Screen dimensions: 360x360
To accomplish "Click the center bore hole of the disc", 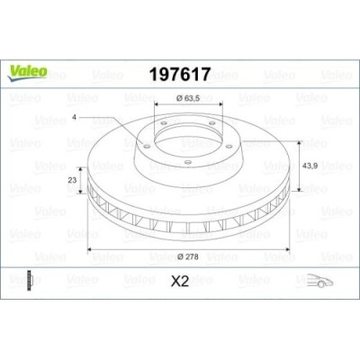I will coord(186,134).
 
